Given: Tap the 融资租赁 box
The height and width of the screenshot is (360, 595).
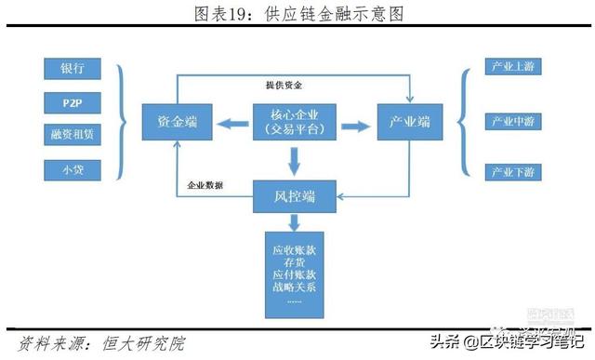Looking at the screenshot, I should [x=72, y=136].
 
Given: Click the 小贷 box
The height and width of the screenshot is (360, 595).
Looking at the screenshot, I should [x=72, y=170].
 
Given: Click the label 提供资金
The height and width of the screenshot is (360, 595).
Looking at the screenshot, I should [x=284, y=86].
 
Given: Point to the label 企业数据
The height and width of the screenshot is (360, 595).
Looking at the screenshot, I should [x=205, y=185].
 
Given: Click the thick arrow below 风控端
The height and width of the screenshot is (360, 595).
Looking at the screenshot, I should [x=294, y=223].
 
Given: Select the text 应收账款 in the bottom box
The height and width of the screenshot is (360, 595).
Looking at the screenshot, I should [x=294, y=251].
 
